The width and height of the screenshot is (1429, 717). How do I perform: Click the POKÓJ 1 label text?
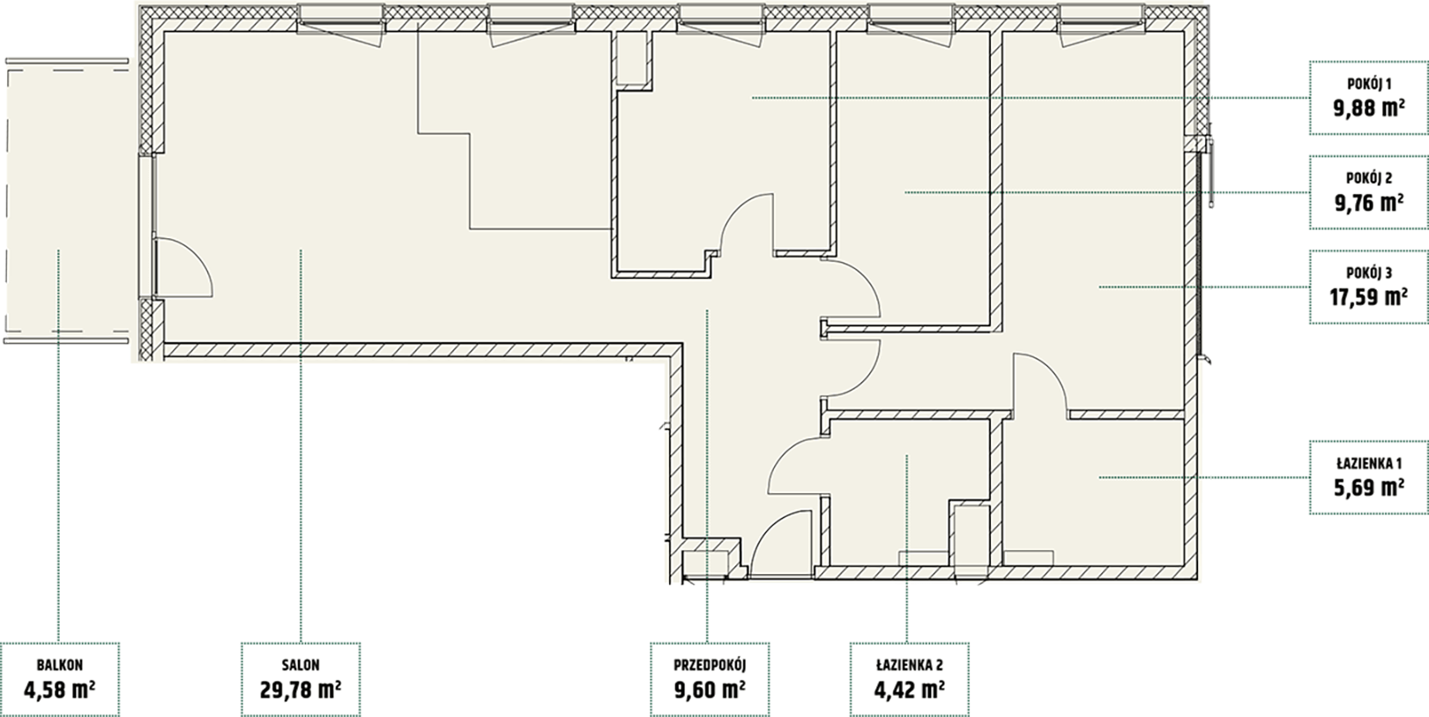point(1368,84)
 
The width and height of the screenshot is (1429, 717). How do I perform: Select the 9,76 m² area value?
point(1369,203)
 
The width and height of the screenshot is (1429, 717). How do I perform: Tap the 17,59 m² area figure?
point(1369,297)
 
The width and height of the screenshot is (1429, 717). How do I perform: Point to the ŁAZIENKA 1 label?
point(1368,463)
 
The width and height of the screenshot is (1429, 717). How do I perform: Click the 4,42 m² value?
point(909,690)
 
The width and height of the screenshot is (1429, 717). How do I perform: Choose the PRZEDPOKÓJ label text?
point(710,665)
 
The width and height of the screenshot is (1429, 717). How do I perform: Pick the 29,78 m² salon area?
point(301,690)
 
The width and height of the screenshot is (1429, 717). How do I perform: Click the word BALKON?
point(60,665)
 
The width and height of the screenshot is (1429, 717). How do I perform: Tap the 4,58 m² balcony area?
point(60,690)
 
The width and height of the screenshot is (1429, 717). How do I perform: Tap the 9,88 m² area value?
point(1369,108)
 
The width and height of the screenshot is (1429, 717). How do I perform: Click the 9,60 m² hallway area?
point(710,690)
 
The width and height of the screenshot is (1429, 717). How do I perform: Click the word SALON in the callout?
point(301,665)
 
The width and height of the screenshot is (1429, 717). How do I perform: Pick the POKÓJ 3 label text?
point(1368,273)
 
